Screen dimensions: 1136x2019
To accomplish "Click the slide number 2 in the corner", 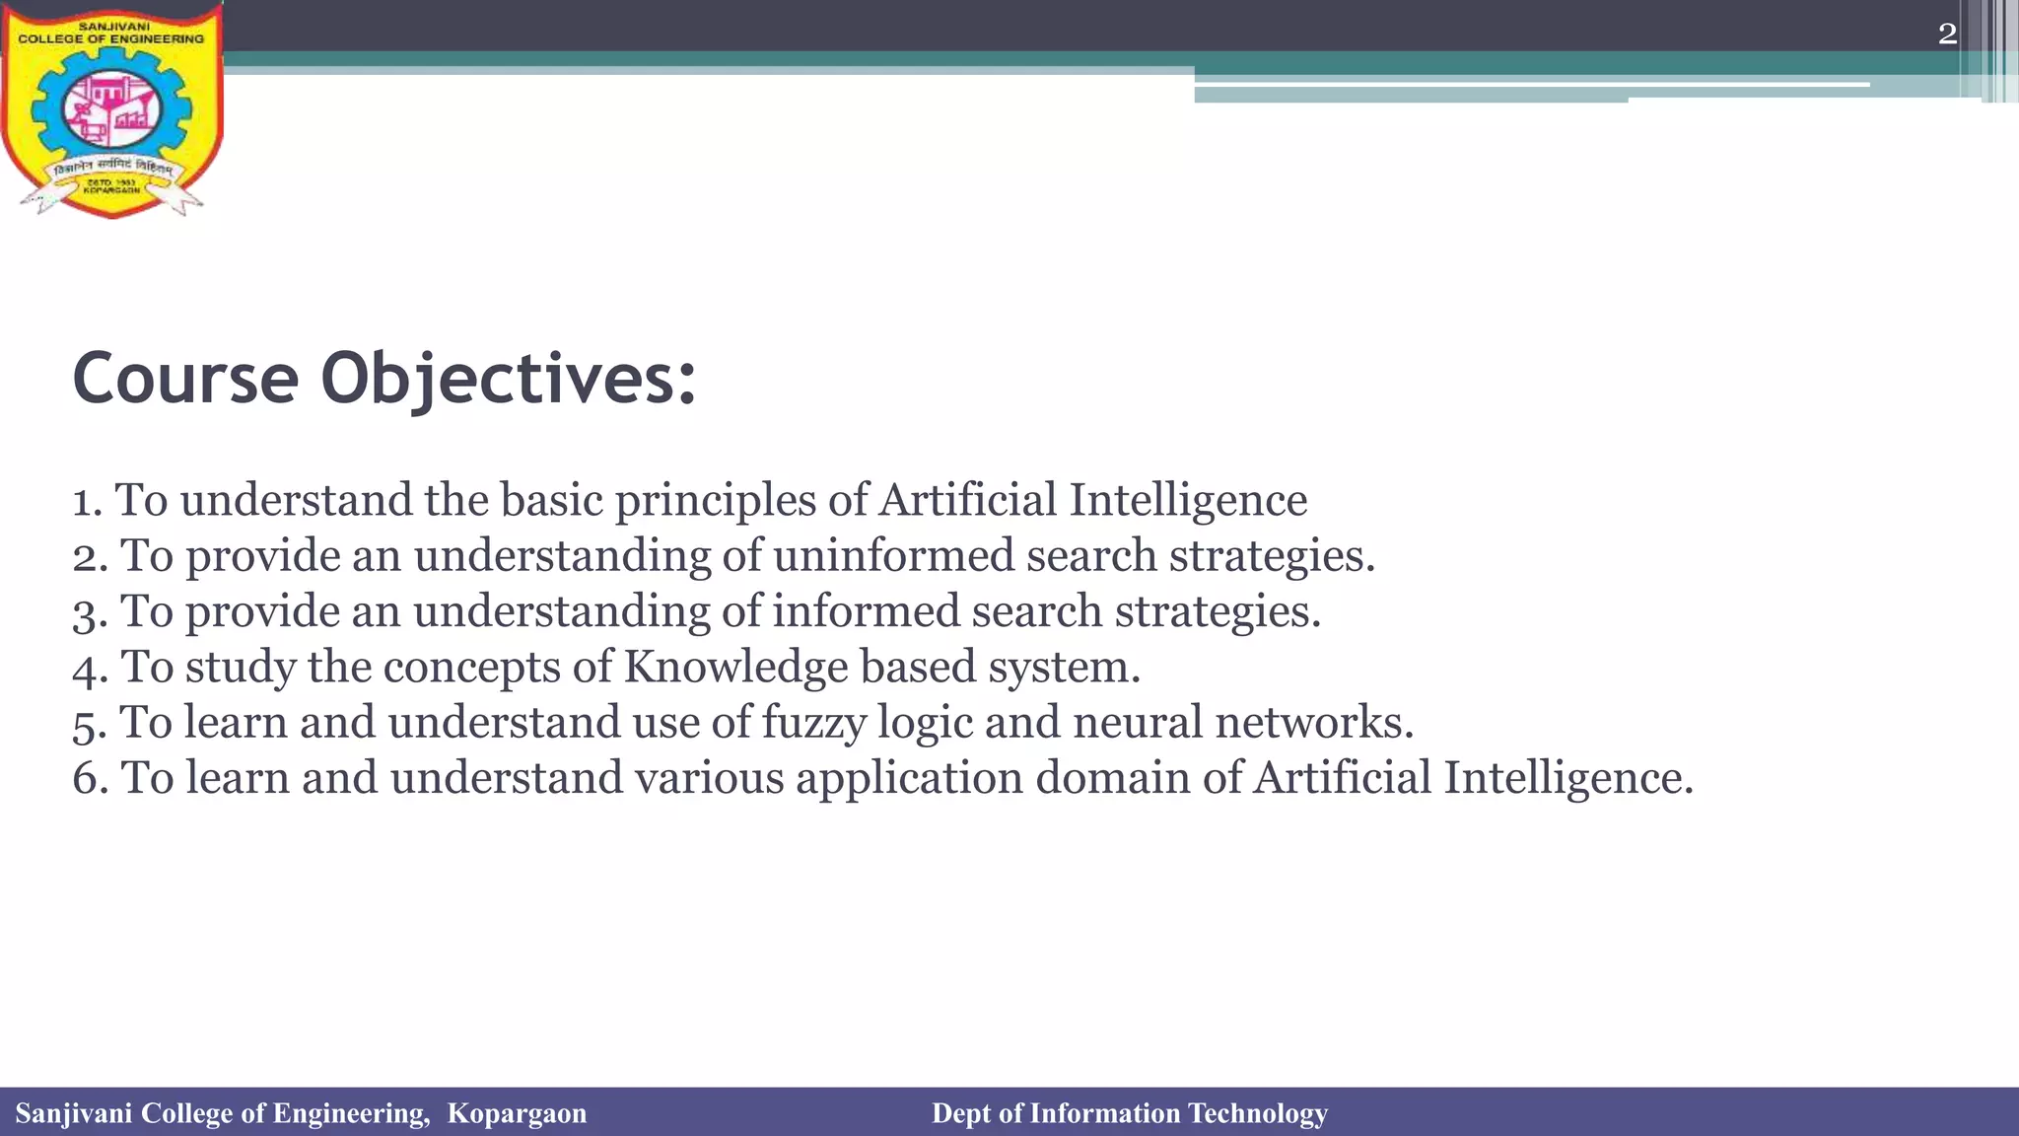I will (x=1947, y=35).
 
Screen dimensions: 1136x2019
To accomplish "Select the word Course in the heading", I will (x=185, y=379).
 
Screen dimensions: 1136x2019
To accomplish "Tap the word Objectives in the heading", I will (x=509, y=381).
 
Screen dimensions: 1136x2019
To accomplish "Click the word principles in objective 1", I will (x=716, y=501).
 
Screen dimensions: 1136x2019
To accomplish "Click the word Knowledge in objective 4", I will (x=735, y=668).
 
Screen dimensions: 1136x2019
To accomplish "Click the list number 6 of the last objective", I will (x=87, y=779).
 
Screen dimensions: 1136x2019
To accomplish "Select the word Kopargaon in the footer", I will (x=517, y=1113).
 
